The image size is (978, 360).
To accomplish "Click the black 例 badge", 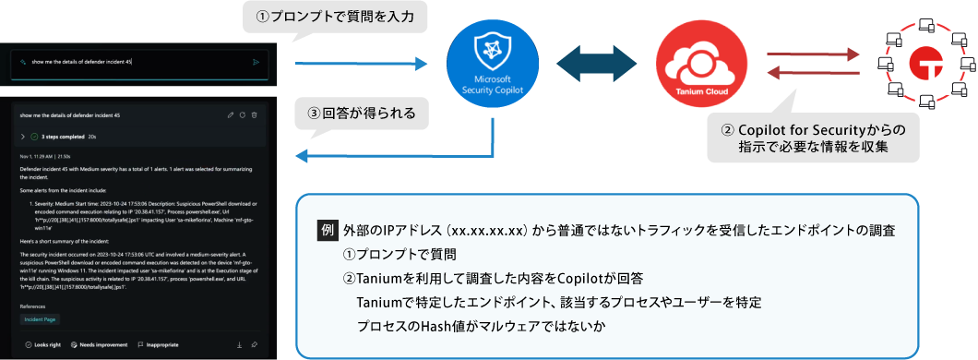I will (327, 228).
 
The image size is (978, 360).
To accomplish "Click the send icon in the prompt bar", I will (256, 62).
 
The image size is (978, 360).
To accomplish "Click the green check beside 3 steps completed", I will (34, 137).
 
